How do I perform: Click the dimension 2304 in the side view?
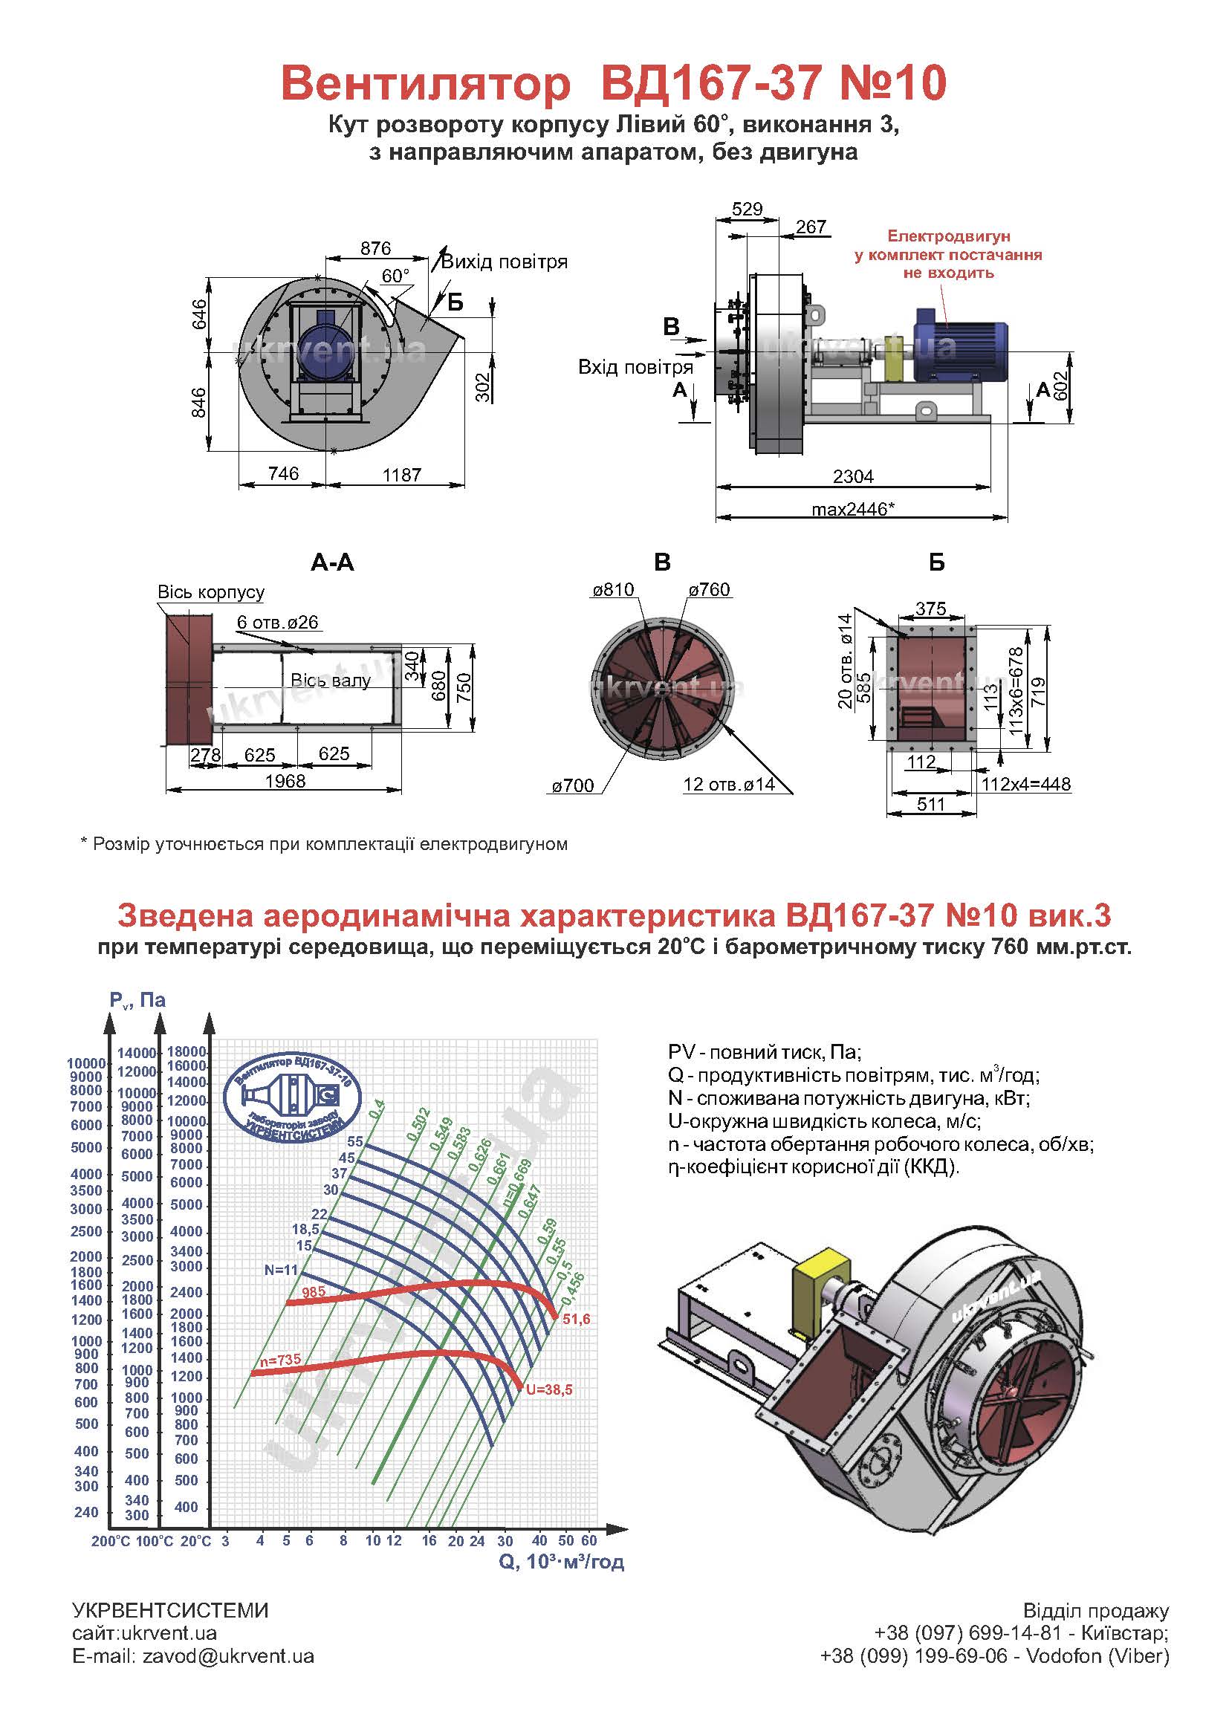(853, 476)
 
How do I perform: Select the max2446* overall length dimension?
(853, 509)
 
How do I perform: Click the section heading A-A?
(332, 562)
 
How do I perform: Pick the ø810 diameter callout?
(613, 589)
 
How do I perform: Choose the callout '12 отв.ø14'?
(729, 784)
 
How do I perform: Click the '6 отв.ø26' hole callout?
(277, 622)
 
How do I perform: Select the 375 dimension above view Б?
(930, 609)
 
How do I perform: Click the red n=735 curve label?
(280, 1360)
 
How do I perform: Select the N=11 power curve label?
(281, 1270)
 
